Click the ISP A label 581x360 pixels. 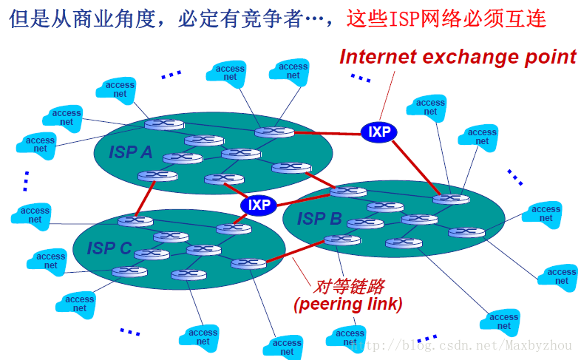131,152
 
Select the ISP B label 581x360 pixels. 319,219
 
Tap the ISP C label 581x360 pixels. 109,248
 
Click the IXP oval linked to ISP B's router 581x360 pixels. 379,132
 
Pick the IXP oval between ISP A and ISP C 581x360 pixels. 259,205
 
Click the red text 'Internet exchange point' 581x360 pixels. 458,57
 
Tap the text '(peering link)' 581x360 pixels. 348,304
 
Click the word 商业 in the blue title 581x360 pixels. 86,18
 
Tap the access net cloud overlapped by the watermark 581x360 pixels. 350,339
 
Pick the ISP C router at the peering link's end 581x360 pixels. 248,263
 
